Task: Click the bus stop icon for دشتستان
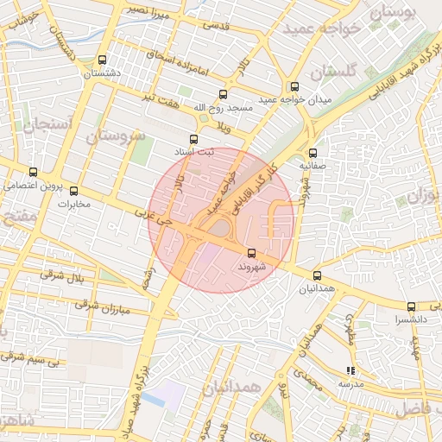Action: [x=104, y=60]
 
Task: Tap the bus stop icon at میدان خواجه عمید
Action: [x=294, y=86]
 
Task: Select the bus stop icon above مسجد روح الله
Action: [x=224, y=94]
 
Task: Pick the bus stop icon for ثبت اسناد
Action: [x=193, y=138]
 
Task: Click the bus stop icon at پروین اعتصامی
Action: [x=34, y=172]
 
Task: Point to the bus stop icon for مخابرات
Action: [x=73, y=191]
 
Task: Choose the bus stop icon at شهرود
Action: [x=251, y=253]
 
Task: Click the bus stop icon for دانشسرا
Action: [x=411, y=306]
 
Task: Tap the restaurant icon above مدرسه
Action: [x=350, y=370]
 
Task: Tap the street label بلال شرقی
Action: [x=64, y=276]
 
